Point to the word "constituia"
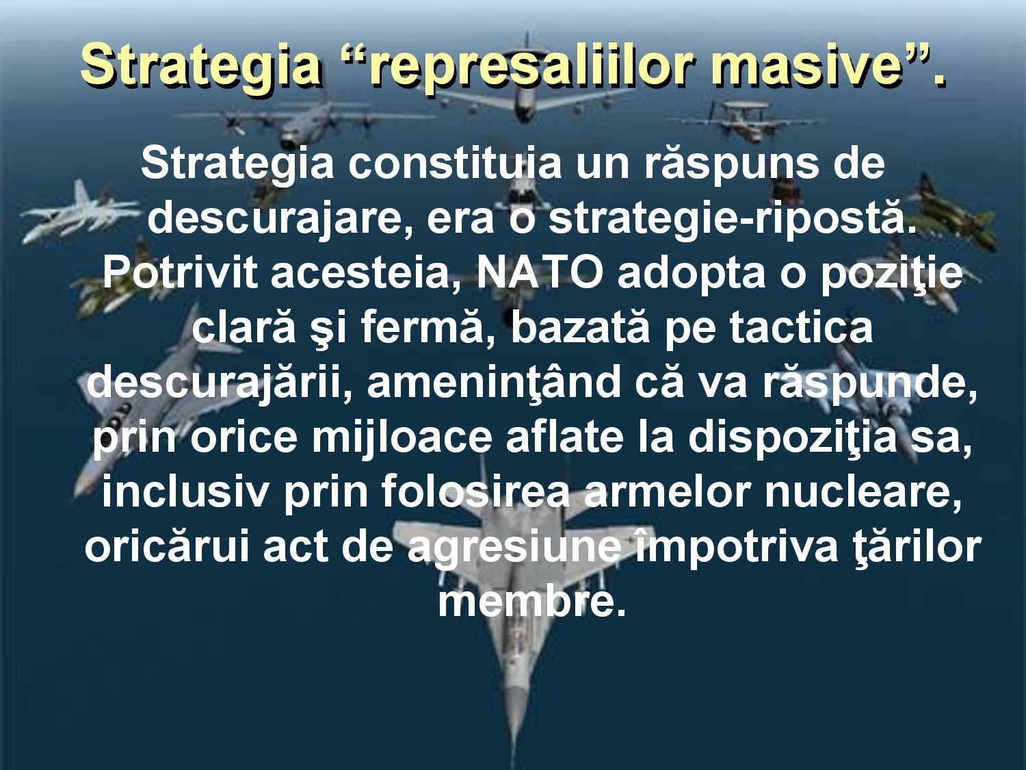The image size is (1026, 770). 454,164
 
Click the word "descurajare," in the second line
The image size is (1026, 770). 280,218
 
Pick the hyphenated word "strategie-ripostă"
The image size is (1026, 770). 731,218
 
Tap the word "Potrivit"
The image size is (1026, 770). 179,272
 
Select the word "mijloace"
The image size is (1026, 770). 402,439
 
